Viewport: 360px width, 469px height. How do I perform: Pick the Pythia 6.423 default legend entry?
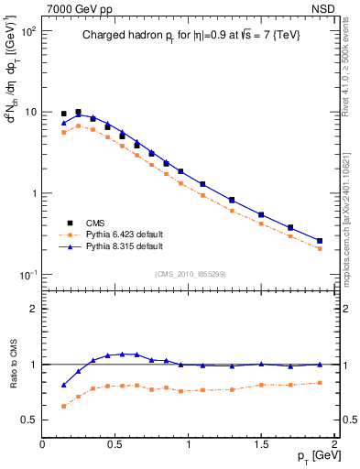[x=127, y=234]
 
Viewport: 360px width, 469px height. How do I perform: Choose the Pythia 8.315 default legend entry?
[x=127, y=246]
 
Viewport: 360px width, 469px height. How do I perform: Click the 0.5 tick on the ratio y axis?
[x=29, y=420]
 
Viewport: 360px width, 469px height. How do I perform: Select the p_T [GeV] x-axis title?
[x=313, y=456]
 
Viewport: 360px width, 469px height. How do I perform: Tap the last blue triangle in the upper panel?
[x=319, y=241]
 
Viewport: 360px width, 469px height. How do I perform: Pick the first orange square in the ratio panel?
[x=63, y=406]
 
